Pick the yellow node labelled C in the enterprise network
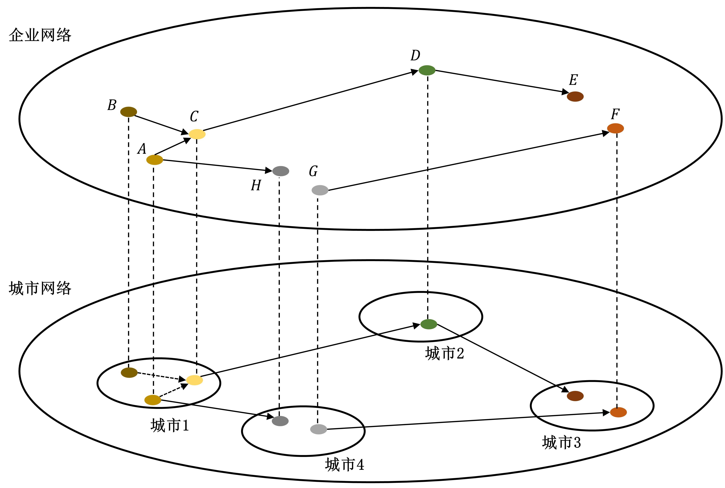coord(197,134)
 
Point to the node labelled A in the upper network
coord(155,160)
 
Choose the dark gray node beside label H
coord(281,171)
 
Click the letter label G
coord(313,171)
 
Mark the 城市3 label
coord(561,442)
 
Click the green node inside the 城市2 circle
coord(429,324)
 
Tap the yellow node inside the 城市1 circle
coord(194,380)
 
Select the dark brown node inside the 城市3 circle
coord(575,396)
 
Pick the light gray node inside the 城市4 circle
coord(318,429)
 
